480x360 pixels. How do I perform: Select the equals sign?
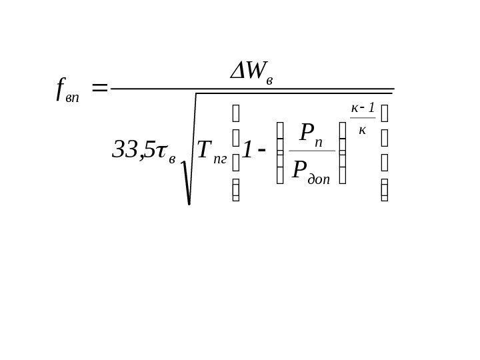click(x=100, y=88)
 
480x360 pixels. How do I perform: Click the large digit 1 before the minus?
click(x=246, y=153)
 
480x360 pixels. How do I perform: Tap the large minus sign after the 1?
click(x=261, y=155)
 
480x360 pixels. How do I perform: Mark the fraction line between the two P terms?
click(x=312, y=151)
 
